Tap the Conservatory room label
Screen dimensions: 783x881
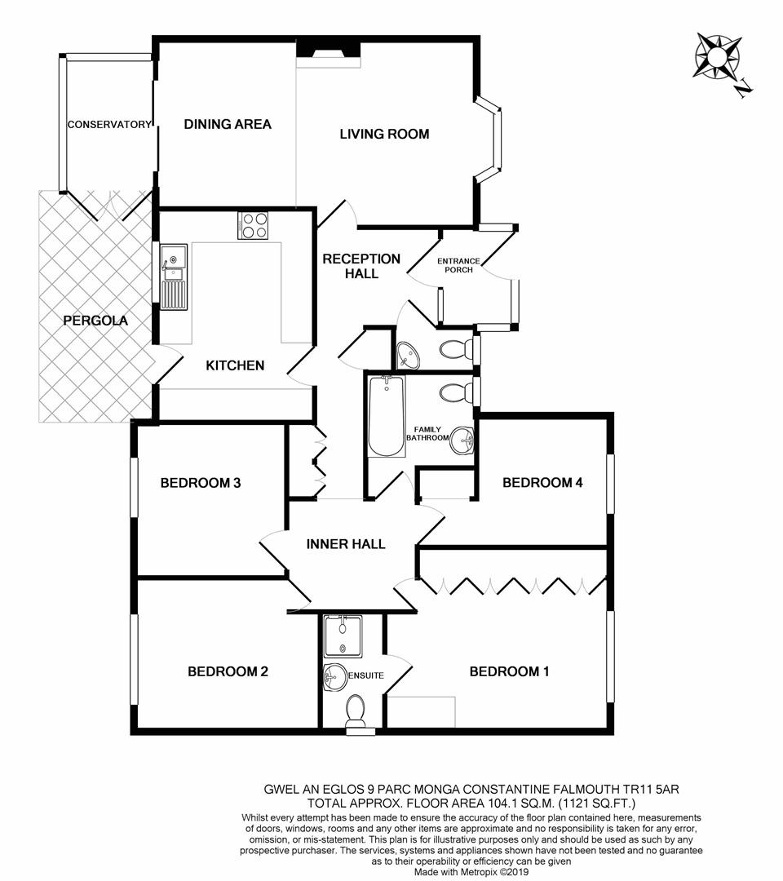tap(109, 125)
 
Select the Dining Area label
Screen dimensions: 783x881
tap(228, 124)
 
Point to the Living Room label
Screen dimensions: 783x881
tap(384, 134)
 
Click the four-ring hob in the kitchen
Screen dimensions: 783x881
tap(253, 225)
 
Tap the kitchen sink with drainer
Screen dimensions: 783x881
tap(173, 277)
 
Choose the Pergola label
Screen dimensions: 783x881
tap(95, 321)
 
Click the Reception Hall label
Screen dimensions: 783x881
tap(361, 266)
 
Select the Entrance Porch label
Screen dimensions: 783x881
tap(459, 265)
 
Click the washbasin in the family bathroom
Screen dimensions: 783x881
tap(462, 441)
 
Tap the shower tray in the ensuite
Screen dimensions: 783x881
tap(342, 636)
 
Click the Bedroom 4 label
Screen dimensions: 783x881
tap(542, 482)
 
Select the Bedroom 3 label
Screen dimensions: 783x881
tap(200, 482)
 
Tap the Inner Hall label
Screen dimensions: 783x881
tap(346, 544)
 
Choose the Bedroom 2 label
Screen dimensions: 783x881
tap(228, 671)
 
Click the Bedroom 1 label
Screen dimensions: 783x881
tap(509, 671)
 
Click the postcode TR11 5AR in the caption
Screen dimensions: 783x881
tap(638, 789)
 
